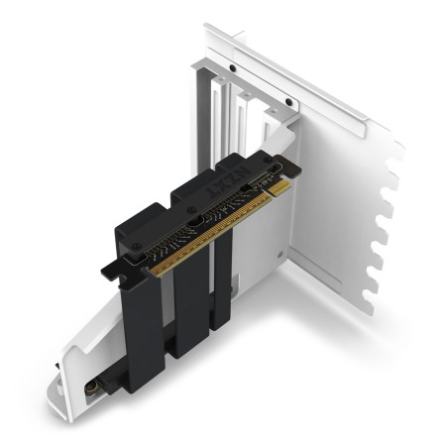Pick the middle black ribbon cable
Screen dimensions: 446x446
pos(188,297)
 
